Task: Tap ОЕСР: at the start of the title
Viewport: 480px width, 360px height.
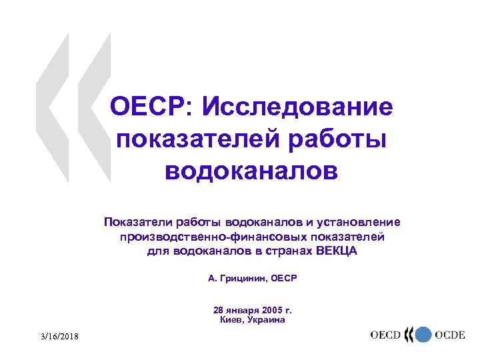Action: click(150, 107)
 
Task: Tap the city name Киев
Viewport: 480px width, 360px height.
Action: click(231, 320)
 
